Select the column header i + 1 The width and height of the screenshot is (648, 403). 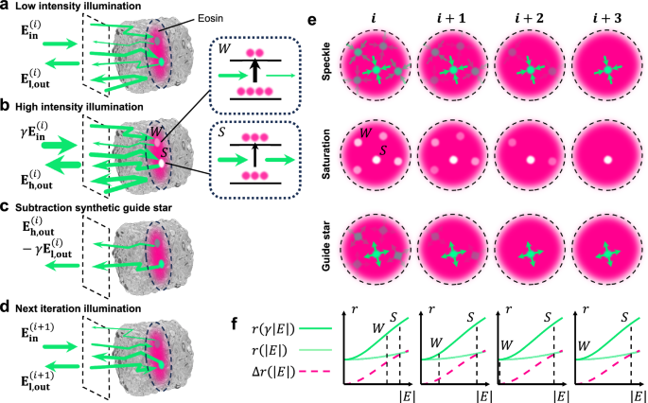[447, 17]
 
